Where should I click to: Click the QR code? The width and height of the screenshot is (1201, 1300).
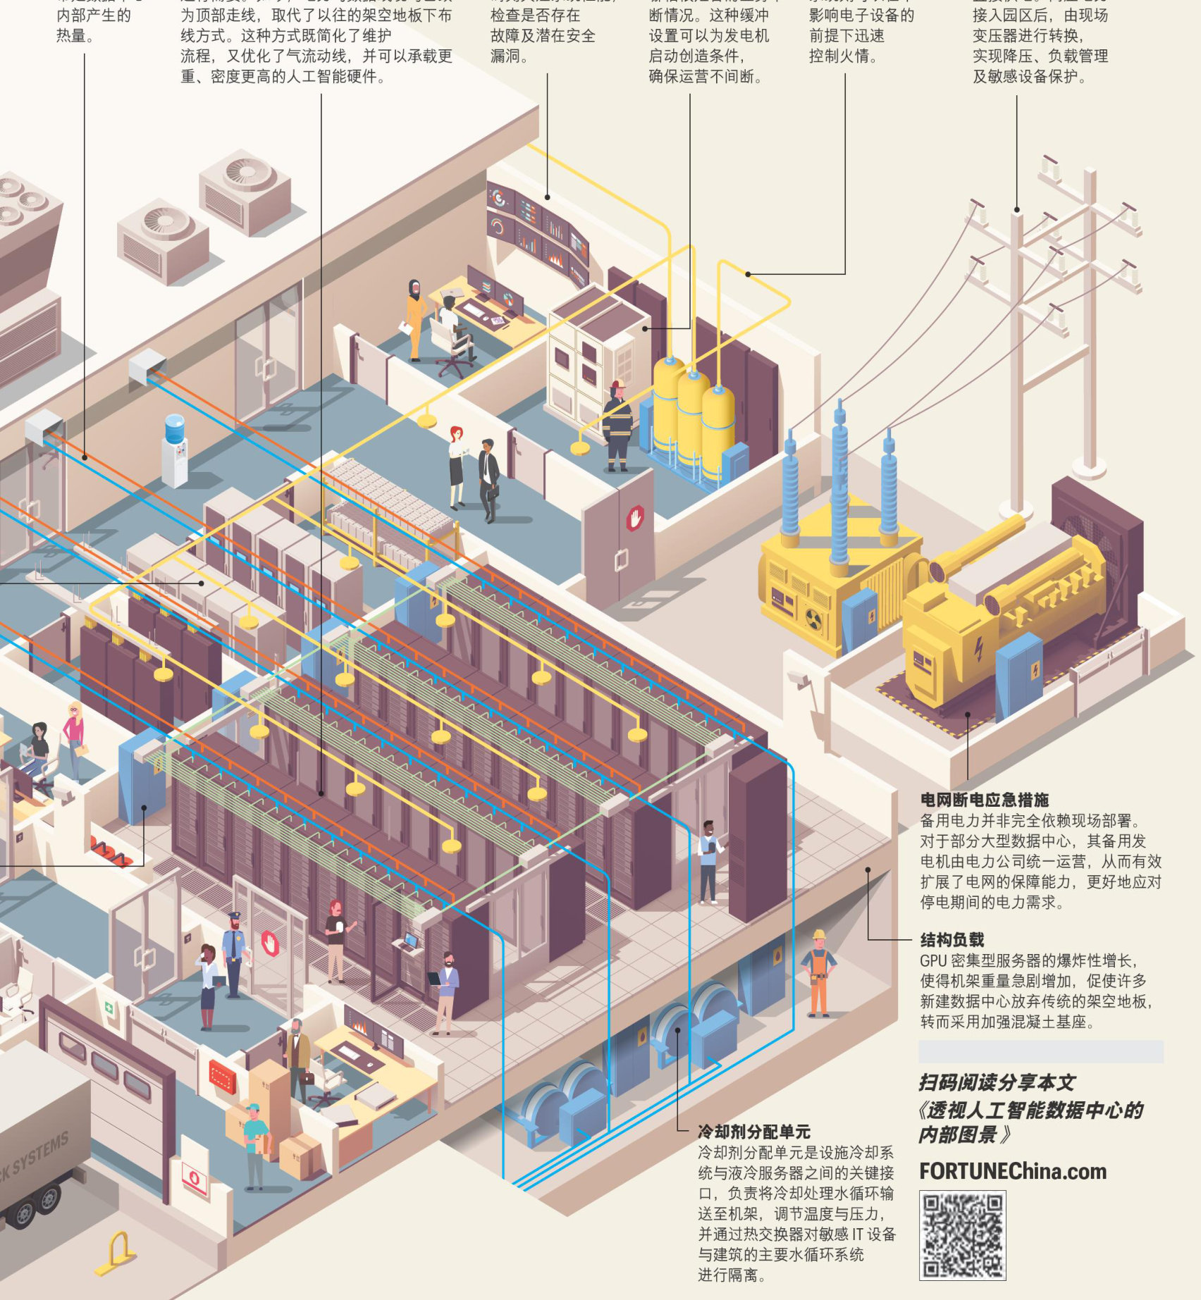click(962, 1235)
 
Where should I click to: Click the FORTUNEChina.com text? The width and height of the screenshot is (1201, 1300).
click(1013, 1171)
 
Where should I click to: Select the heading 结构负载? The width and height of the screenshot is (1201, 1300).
click(951, 939)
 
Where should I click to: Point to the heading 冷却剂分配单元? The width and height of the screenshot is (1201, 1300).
click(753, 1132)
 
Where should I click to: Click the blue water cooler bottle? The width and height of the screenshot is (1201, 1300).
click(174, 428)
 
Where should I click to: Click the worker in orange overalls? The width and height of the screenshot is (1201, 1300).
click(818, 974)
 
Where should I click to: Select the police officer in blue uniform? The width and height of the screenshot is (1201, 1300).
click(233, 954)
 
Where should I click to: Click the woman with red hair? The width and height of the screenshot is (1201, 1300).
click(457, 466)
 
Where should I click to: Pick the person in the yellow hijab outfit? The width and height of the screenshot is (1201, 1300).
click(415, 317)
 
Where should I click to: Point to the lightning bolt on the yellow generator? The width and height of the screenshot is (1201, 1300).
click(978, 648)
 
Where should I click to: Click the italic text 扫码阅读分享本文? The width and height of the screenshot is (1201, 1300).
click(997, 1082)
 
